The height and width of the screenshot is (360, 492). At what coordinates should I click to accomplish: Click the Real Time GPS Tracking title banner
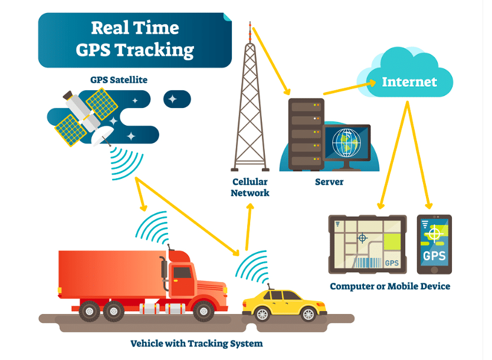click(135, 40)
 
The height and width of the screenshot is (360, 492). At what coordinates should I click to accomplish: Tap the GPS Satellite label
click(119, 80)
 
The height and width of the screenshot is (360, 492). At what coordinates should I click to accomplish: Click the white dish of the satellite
click(101, 135)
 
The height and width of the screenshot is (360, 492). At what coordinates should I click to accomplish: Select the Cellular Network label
click(250, 187)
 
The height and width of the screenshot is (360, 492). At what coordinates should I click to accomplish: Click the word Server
click(329, 182)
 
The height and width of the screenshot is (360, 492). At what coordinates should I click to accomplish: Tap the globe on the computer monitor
click(346, 143)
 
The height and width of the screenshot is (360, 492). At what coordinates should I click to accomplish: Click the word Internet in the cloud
click(409, 82)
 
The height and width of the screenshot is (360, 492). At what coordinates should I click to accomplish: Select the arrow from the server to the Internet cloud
click(350, 88)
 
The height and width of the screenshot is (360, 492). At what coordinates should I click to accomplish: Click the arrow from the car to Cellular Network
click(248, 227)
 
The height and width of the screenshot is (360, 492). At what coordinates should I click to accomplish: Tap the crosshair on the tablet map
click(362, 238)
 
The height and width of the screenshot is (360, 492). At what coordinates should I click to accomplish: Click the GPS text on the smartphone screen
click(434, 256)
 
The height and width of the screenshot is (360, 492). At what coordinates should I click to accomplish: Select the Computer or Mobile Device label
click(390, 286)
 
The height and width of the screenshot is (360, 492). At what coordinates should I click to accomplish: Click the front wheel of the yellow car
click(309, 314)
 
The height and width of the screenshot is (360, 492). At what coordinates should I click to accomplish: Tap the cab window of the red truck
click(182, 273)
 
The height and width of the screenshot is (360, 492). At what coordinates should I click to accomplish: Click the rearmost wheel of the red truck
click(90, 311)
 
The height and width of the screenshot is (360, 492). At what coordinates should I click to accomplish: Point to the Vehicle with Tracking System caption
click(196, 343)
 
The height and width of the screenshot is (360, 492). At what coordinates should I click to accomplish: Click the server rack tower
click(306, 135)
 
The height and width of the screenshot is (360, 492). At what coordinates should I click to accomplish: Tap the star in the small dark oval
click(172, 99)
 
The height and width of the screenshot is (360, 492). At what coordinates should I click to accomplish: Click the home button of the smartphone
click(434, 270)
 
